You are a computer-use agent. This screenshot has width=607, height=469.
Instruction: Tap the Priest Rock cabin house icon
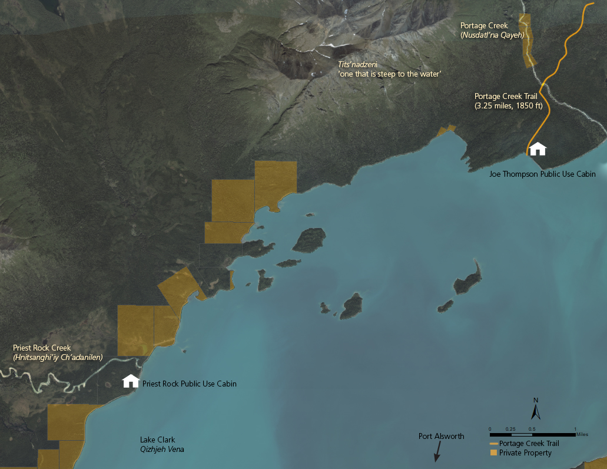pyautogui.click(x=131, y=381)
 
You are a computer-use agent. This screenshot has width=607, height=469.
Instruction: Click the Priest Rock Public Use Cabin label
pyautogui.click(x=190, y=384)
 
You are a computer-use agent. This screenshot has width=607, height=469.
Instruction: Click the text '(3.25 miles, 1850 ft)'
pyautogui.click(x=508, y=106)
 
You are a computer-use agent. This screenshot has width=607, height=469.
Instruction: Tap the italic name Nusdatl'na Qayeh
pyautogui.click(x=492, y=35)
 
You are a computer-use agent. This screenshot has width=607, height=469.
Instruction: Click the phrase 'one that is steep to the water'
pyautogui.click(x=389, y=74)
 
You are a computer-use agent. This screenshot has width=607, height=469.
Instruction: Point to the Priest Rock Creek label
pyautogui.click(x=42, y=348)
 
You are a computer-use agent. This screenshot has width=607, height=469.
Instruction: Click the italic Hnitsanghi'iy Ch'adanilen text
pyautogui.click(x=58, y=358)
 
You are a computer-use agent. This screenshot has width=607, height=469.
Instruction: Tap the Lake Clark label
pyautogui.click(x=158, y=440)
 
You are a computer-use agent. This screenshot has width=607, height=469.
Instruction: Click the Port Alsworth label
pyautogui.click(x=441, y=437)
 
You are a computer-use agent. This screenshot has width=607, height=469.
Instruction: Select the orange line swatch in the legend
pyautogui.click(x=493, y=444)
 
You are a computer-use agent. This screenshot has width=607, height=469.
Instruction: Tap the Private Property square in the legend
pyautogui.click(x=493, y=453)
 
